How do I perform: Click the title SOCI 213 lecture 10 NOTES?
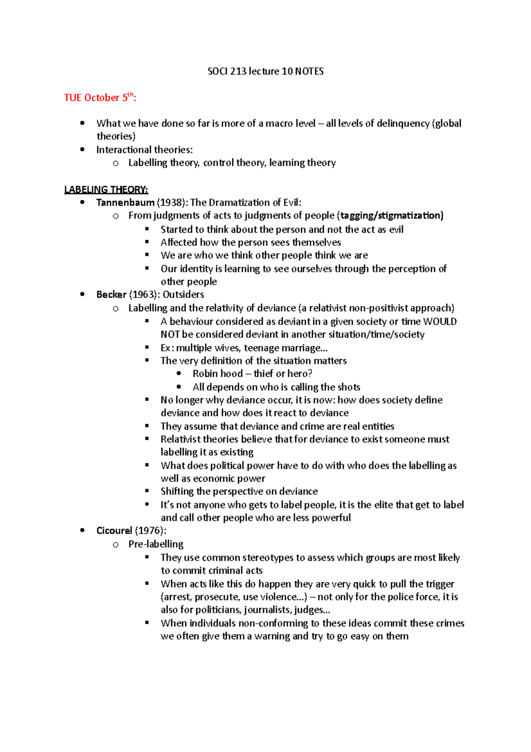[265, 71]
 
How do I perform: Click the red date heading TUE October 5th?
[100, 97]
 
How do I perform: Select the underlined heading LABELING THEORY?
[106, 190]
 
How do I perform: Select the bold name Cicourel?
[114, 531]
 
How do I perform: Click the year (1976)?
[150, 531]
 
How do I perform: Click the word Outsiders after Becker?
[183, 295]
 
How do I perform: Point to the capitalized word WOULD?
[440, 322]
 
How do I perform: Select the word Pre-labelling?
[156, 544]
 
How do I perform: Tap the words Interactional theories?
[144, 150]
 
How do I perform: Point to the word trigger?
[440, 584]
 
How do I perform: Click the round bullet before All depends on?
[179, 387]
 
